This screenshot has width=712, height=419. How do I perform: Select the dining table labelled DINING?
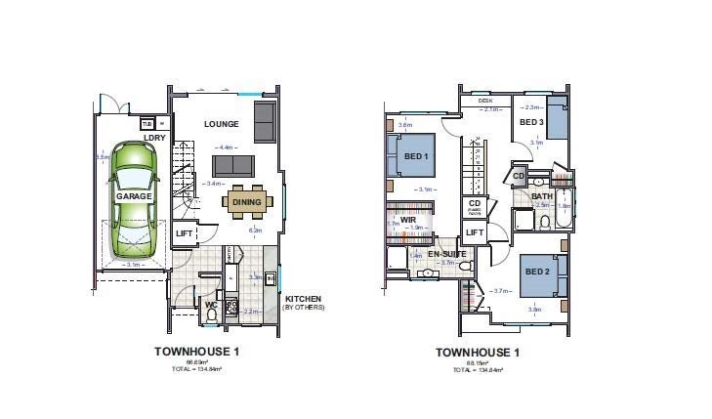(x=246, y=203)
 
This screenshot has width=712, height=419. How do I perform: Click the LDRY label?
(x=153, y=138)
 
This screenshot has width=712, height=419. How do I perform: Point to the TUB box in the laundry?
(x=147, y=124)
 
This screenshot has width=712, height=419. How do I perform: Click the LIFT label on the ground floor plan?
(x=184, y=234)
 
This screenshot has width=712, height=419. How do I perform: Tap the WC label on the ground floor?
(x=210, y=305)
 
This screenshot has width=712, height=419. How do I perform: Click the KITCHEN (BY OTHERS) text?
(x=304, y=302)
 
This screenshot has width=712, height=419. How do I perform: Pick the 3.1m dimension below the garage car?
(x=134, y=264)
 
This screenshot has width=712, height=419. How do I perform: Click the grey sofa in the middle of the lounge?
(x=233, y=165)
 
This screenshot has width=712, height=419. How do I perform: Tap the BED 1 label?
(x=418, y=157)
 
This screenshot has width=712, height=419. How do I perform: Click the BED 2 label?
(x=535, y=272)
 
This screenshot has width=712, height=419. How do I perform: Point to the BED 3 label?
(x=530, y=122)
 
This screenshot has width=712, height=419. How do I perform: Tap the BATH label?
(x=542, y=196)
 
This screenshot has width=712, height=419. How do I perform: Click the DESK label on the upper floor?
(x=484, y=101)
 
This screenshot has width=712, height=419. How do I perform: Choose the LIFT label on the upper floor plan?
(x=474, y=232)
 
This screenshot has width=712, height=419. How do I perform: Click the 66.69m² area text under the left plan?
(x=196, y=362)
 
